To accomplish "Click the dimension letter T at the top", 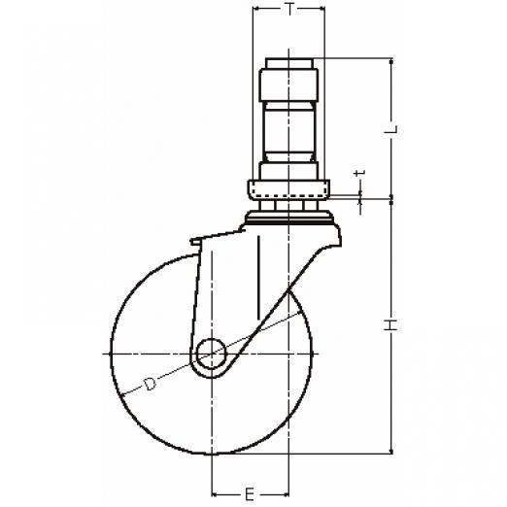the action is [289, 10].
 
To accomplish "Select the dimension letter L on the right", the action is [391, 129].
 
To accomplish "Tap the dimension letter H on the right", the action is [391, 324].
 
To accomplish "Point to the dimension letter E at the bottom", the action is [250, 494].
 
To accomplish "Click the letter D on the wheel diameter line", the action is [150, 384].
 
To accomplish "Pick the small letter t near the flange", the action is [360, 173].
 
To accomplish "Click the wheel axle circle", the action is [212, 354].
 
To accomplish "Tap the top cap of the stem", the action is [289, 63].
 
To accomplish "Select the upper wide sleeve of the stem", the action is [288, 84].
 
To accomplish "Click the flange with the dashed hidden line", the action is [288, 189].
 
